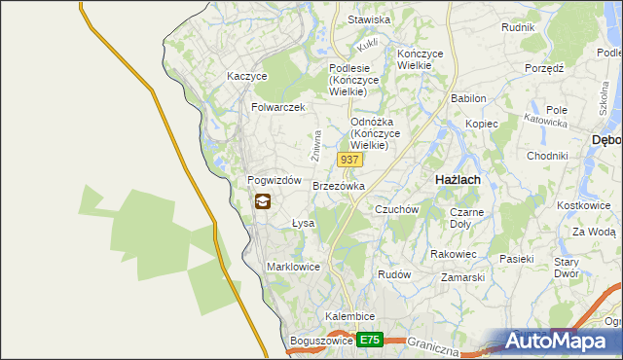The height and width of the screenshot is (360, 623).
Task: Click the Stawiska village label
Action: click(369, 19)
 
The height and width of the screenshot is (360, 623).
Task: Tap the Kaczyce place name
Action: click(246, 75)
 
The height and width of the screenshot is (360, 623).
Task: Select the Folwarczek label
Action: click(278, 107)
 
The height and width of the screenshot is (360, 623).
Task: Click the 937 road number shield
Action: click(350, 159)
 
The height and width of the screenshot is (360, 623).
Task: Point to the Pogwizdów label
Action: click(274, 181)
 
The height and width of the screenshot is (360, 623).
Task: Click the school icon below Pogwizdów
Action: click(263, 202)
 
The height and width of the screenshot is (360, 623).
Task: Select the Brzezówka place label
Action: click(339, 186)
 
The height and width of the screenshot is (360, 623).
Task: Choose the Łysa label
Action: click(304, 223)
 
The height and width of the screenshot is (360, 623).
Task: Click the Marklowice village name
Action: click(293, 266)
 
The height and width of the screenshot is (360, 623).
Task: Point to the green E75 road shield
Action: click(369, 340)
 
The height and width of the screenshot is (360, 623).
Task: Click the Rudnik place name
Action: click(518, 27)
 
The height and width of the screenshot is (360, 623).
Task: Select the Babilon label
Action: click(468, 99)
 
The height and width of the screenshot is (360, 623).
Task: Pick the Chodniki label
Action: click(546, 156)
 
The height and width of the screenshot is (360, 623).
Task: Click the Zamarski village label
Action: click(462, 277)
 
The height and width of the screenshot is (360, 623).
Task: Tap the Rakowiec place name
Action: click(453, 254)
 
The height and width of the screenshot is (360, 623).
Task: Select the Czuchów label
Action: click(396, 209)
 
